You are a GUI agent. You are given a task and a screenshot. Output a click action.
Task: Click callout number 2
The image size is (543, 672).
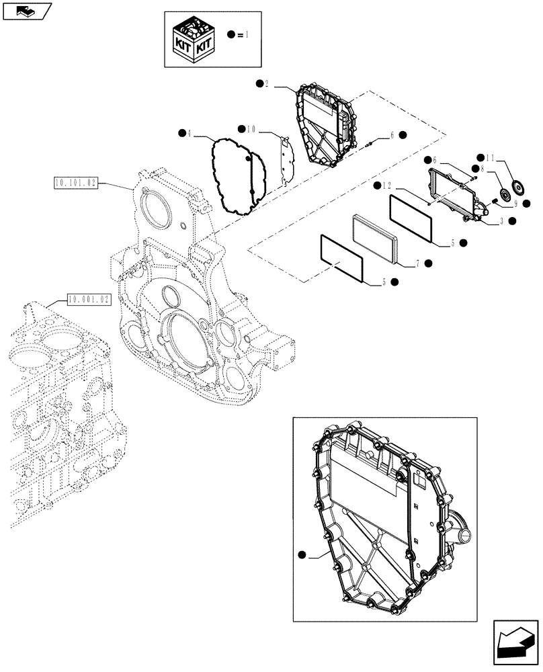click(x=267, y=84)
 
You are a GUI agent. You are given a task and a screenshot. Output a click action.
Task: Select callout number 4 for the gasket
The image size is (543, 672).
click(x=190, y=133)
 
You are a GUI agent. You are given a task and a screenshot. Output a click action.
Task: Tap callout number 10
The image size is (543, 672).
click(x=251, y=128)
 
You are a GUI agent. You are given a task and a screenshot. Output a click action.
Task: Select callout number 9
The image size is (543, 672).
click(x=515, y=202)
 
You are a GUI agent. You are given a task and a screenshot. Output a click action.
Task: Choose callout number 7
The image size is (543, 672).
click(x=417, y=264)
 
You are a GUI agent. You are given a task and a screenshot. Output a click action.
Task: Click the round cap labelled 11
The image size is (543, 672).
click(x=518, y=187)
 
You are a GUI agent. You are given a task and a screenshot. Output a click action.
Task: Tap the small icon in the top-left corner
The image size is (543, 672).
click(x=26, y=11)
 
